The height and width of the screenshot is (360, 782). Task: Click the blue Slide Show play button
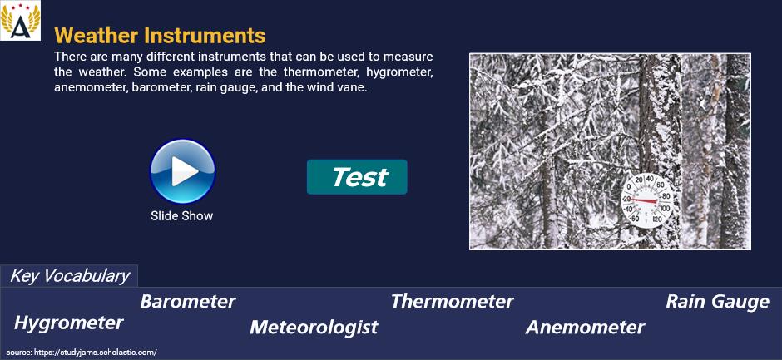tap(182, 171)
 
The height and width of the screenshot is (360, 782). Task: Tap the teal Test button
tap(357, 177)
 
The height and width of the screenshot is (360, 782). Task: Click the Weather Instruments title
tap(160, 36)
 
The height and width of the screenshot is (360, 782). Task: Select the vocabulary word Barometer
tap(187, 302)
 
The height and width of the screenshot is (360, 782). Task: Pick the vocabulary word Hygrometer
tap(69, 323)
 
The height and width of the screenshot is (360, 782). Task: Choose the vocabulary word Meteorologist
tap(314, 328)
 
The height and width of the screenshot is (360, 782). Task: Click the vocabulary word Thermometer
tap(452, 302)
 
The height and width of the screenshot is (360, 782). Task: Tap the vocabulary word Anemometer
tap(585, 328)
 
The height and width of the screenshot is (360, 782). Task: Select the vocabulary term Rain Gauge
tap(718, 302)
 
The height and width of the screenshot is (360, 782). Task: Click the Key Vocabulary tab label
tap(69, 276)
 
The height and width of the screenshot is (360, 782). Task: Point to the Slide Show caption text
tap(182, 216)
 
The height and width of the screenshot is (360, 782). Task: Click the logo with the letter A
tap(20, 21)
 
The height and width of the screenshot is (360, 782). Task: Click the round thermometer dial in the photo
tap(647, 200)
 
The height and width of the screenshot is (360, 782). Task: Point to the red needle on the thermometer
tap(642, 200)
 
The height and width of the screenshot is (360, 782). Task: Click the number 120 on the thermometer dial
tap(657, 219)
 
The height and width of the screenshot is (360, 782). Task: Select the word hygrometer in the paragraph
tap(399, 72)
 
